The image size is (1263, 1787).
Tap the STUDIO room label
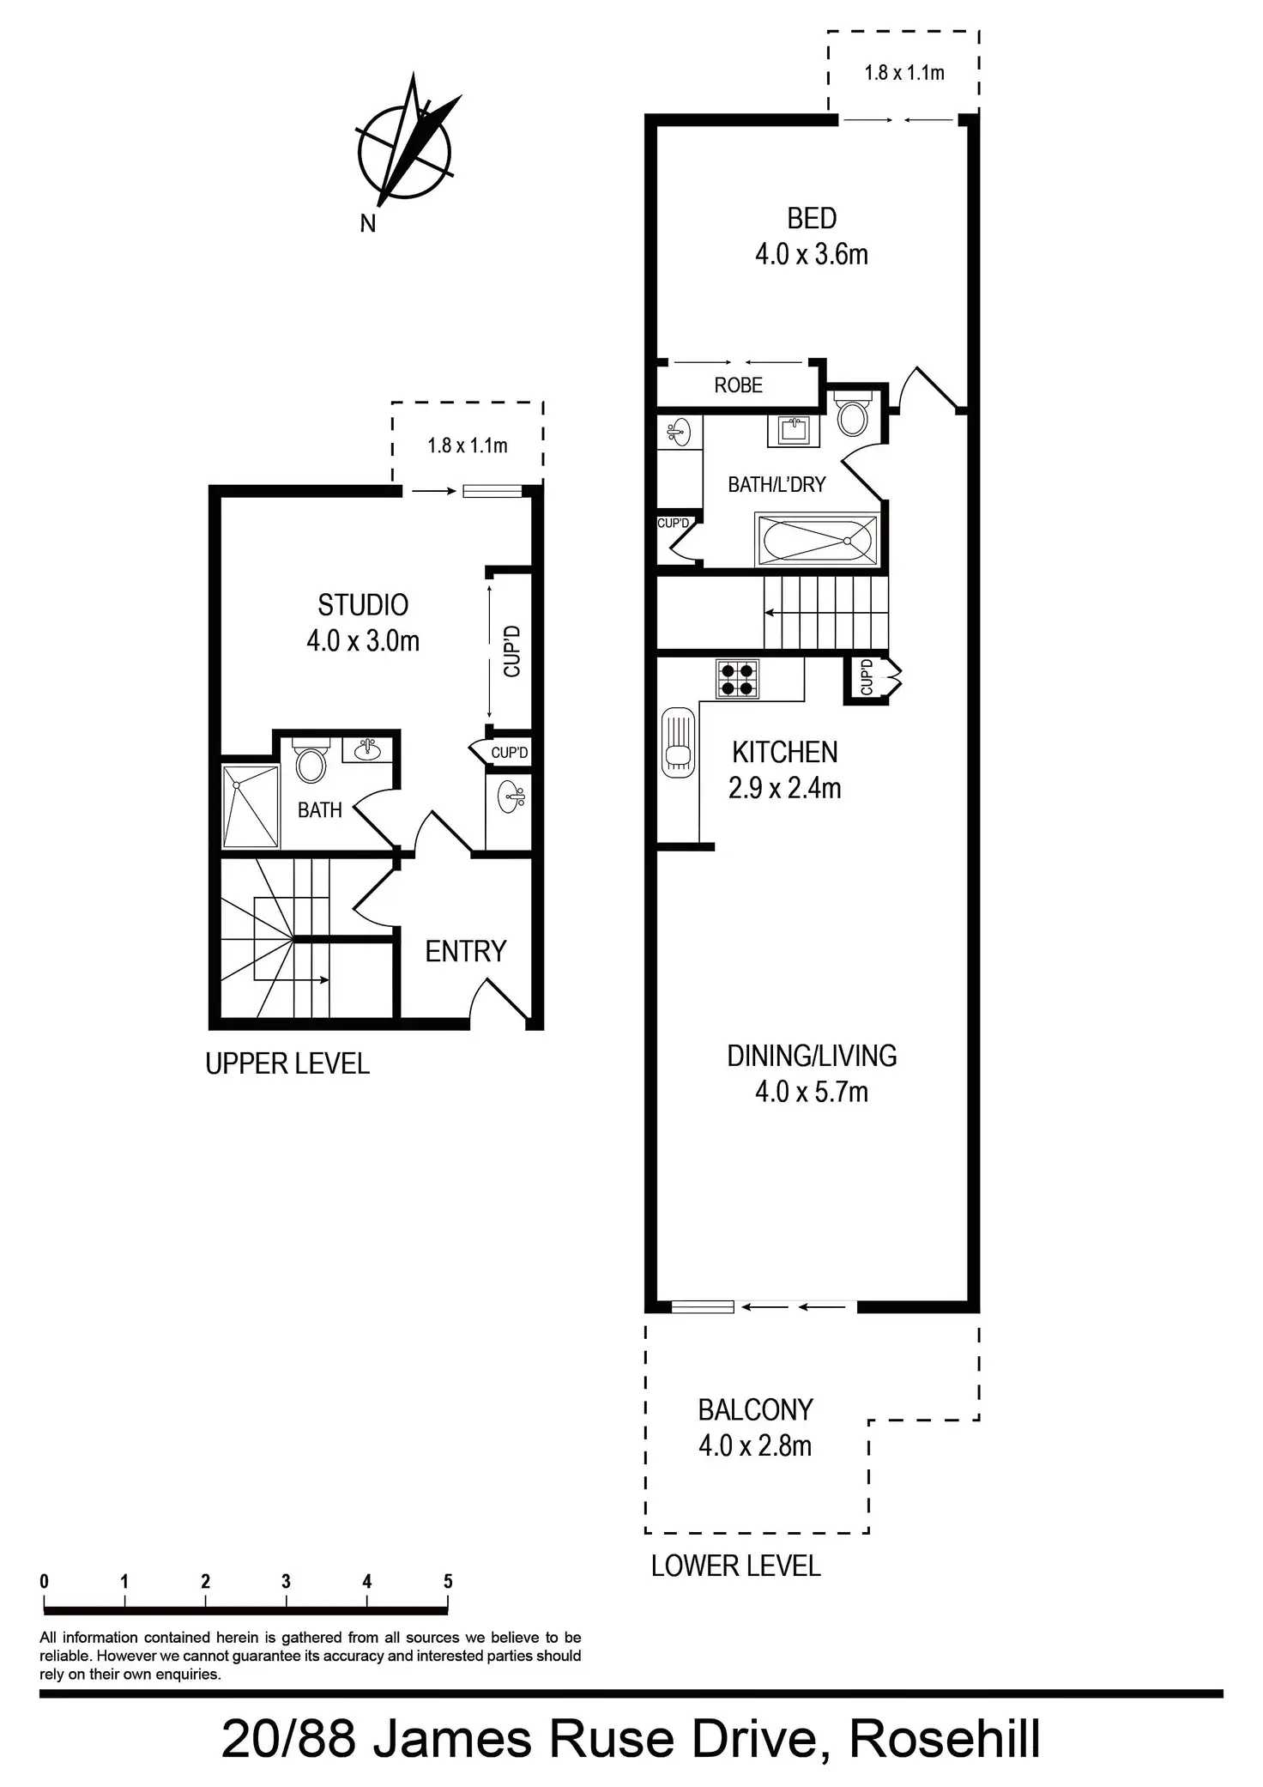click(x=363, y=605)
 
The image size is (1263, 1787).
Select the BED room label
click(x=812, y=219)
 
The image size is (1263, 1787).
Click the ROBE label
click(x=738, y=385)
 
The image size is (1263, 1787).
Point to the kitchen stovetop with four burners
click(x=738, y=679)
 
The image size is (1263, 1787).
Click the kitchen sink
click(x=678, y=742)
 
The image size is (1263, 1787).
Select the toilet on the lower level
click(x=853, y=416)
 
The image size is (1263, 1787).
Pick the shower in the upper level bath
click(x=251, y=806)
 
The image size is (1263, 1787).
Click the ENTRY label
click(x=466, y=951)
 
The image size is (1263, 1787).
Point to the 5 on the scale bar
click(x=448, y=1581)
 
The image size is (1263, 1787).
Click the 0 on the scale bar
click(x=44, y=1581)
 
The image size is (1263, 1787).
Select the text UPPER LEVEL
click(x=287, y=1063)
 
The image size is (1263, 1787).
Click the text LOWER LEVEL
click(x=735, y=1566)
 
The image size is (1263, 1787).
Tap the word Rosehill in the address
click(x=945, y=1739)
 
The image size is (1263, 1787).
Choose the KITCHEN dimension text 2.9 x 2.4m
click(x=784, y=788)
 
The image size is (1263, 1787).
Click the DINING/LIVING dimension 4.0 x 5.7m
click(x=812, y=1092)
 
